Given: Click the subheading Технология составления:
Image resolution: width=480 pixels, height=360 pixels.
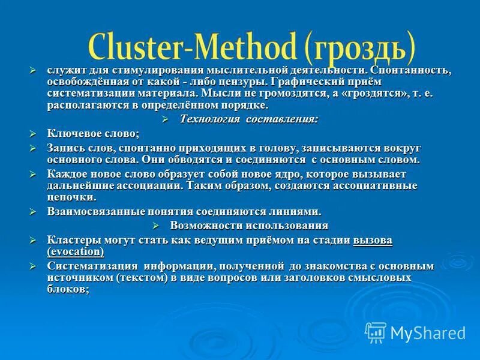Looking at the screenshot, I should (249, 119).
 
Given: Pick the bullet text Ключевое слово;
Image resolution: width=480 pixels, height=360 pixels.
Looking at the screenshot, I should (93, 133).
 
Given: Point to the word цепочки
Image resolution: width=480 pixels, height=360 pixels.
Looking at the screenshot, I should (71, 197).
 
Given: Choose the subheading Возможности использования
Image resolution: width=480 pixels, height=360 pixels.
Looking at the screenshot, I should (249, 226).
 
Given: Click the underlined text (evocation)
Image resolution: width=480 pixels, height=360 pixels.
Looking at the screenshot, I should (76, 251).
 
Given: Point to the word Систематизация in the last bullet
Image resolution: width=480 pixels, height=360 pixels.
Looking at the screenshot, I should (91, 266).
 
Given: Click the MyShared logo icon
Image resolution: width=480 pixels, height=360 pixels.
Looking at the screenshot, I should (376, 332).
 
